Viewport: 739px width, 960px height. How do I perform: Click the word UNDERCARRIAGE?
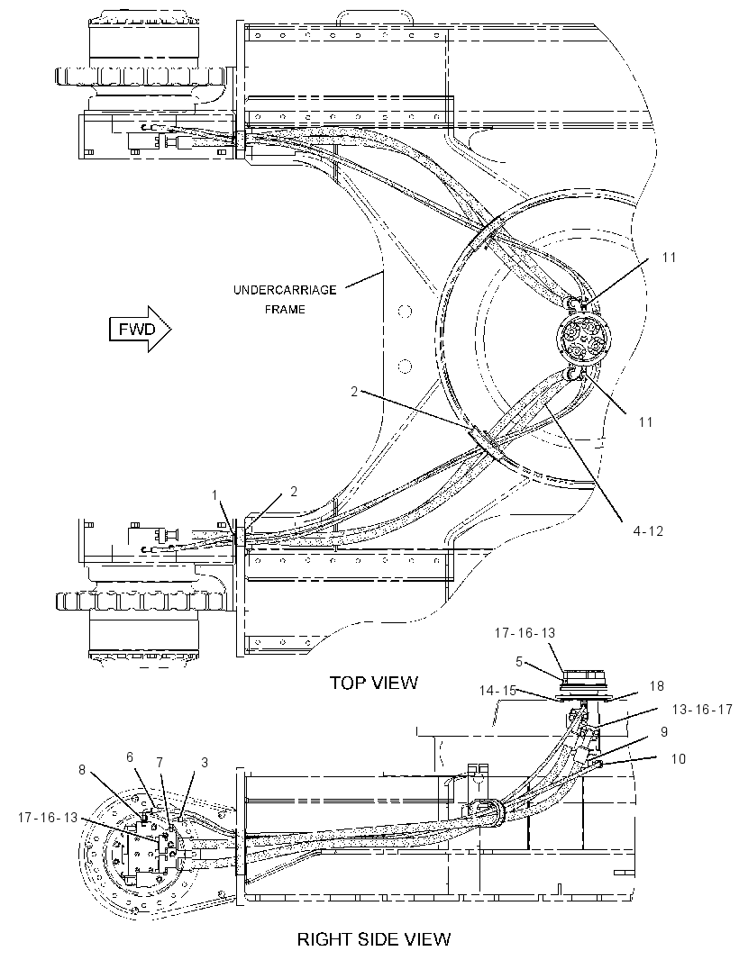[x=285, y=290]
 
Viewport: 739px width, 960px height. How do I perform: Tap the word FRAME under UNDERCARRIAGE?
[x=285, y=309]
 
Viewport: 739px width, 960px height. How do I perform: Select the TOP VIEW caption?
[x=374, y=683]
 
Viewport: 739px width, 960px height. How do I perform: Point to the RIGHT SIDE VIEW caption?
[x=374, y=938]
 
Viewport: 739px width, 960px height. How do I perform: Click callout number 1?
[x=215, y=495]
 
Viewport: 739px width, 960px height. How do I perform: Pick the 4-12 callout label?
[x=649, y=531]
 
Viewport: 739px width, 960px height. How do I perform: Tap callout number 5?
[x=519, y=661]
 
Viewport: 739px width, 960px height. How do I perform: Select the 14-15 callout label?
[x=497, y=690]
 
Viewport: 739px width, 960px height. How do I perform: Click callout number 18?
[x=656, y=685]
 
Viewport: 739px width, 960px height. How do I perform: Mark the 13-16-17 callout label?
[x=702, y=710]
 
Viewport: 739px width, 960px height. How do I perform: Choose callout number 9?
[x=663, y=731]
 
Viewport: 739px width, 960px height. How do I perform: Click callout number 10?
[x=679, y=758]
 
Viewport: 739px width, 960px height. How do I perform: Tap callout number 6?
[x=130, y=756]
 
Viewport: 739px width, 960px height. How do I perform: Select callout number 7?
[x=160, y=762]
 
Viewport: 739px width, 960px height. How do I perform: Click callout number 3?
[x=205, y=762]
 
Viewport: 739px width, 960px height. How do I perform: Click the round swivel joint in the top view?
[x=580, y=338]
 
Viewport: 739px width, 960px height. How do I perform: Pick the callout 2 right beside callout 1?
[x=294, y=491]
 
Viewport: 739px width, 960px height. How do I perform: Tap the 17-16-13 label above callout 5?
[x=525, y=632]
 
